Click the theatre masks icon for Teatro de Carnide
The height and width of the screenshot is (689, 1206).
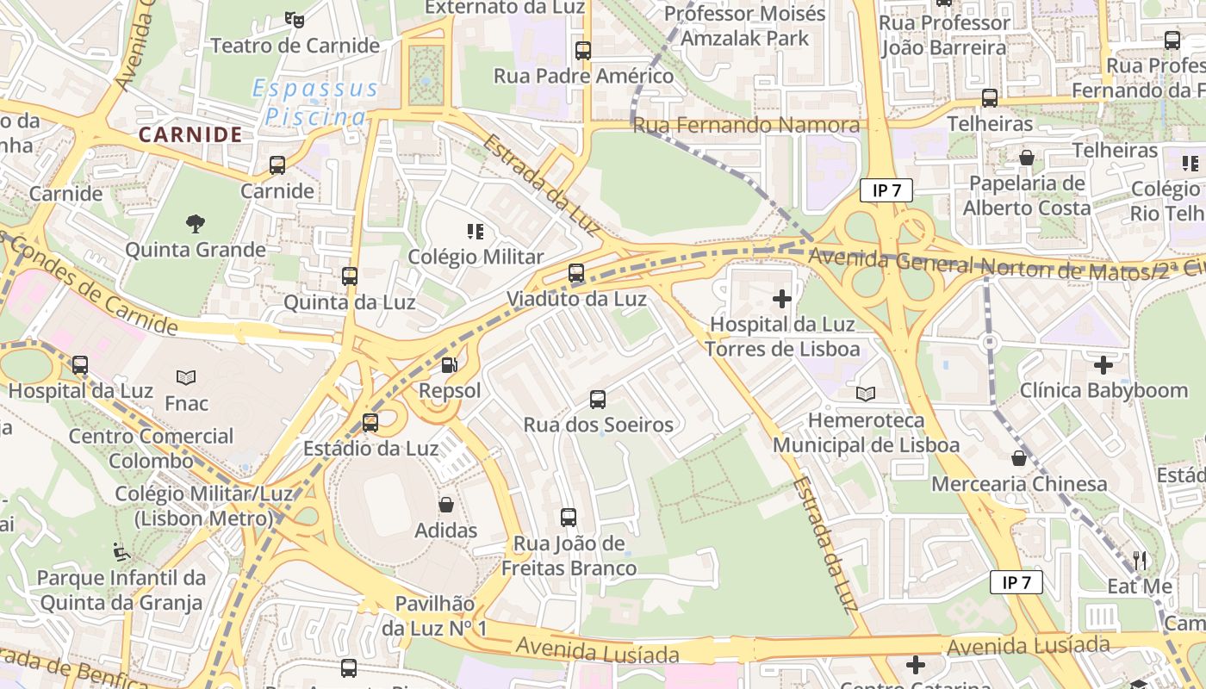point(295,18)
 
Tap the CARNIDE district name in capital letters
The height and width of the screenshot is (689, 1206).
point(190,134)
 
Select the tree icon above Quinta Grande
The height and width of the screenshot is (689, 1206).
point(196,224)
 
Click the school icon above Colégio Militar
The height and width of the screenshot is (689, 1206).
point(475,231)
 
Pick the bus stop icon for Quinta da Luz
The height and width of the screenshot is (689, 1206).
point(350,276)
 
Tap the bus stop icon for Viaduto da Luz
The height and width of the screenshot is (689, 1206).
point(576,273)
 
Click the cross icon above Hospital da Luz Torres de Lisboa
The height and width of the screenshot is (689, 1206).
point(782,299)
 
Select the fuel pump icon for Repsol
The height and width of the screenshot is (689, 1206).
point(449,365)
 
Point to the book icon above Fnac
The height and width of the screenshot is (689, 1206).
point(186,377)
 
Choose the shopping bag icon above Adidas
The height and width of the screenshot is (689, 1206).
point(446,505)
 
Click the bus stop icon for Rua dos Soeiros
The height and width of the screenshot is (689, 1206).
point(598,400)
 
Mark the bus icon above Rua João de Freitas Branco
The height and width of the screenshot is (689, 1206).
point(569,518)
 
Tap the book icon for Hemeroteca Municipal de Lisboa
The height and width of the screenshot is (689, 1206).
point(866,394)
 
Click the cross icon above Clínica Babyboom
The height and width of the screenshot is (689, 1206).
point(1103,365)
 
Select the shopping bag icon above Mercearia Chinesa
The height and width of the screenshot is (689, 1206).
point(1019,458)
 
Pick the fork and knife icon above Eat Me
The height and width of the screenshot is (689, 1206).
point(1140,561)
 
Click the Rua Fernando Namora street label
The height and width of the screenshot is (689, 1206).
point(746,126)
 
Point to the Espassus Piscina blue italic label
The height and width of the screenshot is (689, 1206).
point(314,102)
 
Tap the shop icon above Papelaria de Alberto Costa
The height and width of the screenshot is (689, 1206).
point(1027,158)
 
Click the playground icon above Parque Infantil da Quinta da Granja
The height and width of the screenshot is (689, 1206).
point(121,551)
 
